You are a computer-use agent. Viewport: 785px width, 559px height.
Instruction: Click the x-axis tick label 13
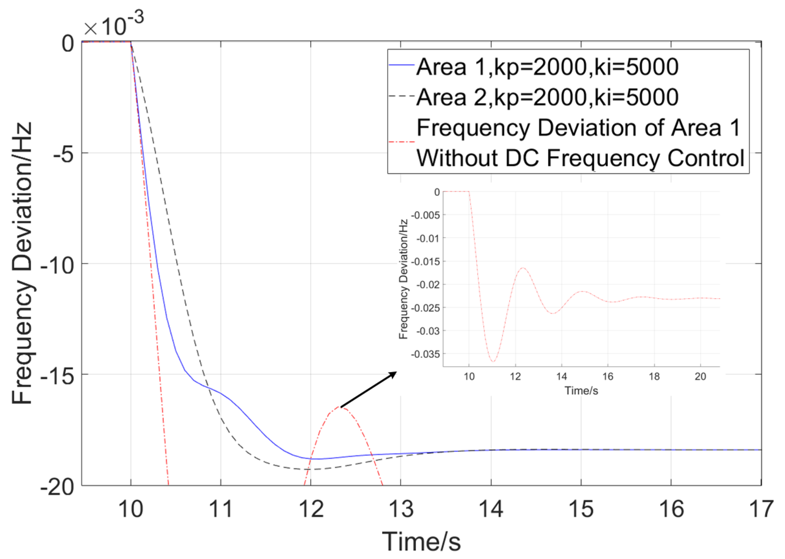coord(401,509)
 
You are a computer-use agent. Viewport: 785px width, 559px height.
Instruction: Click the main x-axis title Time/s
coord(421,542)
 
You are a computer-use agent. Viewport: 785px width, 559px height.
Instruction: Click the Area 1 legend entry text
coord(547,67)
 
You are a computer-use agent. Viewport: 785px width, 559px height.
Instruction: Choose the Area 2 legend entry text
coord(547,97)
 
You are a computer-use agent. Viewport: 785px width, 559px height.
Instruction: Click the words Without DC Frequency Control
coord(580,158)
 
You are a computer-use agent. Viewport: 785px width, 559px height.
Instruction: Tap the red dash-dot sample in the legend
coord(401,142)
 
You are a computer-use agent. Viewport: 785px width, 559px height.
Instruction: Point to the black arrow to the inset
coord(368,390)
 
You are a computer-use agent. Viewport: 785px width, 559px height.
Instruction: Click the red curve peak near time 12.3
coord(339,407)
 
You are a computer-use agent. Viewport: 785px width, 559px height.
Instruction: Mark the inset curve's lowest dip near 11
coord(493,361)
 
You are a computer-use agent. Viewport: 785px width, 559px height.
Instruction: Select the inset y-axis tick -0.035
coord(426,354)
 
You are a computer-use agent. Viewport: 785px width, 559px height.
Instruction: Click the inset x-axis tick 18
coord(654,377)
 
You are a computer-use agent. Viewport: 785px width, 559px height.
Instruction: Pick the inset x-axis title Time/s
coord(581,391)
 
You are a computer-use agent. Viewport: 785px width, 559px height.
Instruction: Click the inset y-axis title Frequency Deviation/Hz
coord(403,279)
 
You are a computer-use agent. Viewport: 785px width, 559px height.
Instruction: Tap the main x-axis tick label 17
coord(761,509)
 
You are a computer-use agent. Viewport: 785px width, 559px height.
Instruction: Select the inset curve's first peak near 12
coord(523,268)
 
